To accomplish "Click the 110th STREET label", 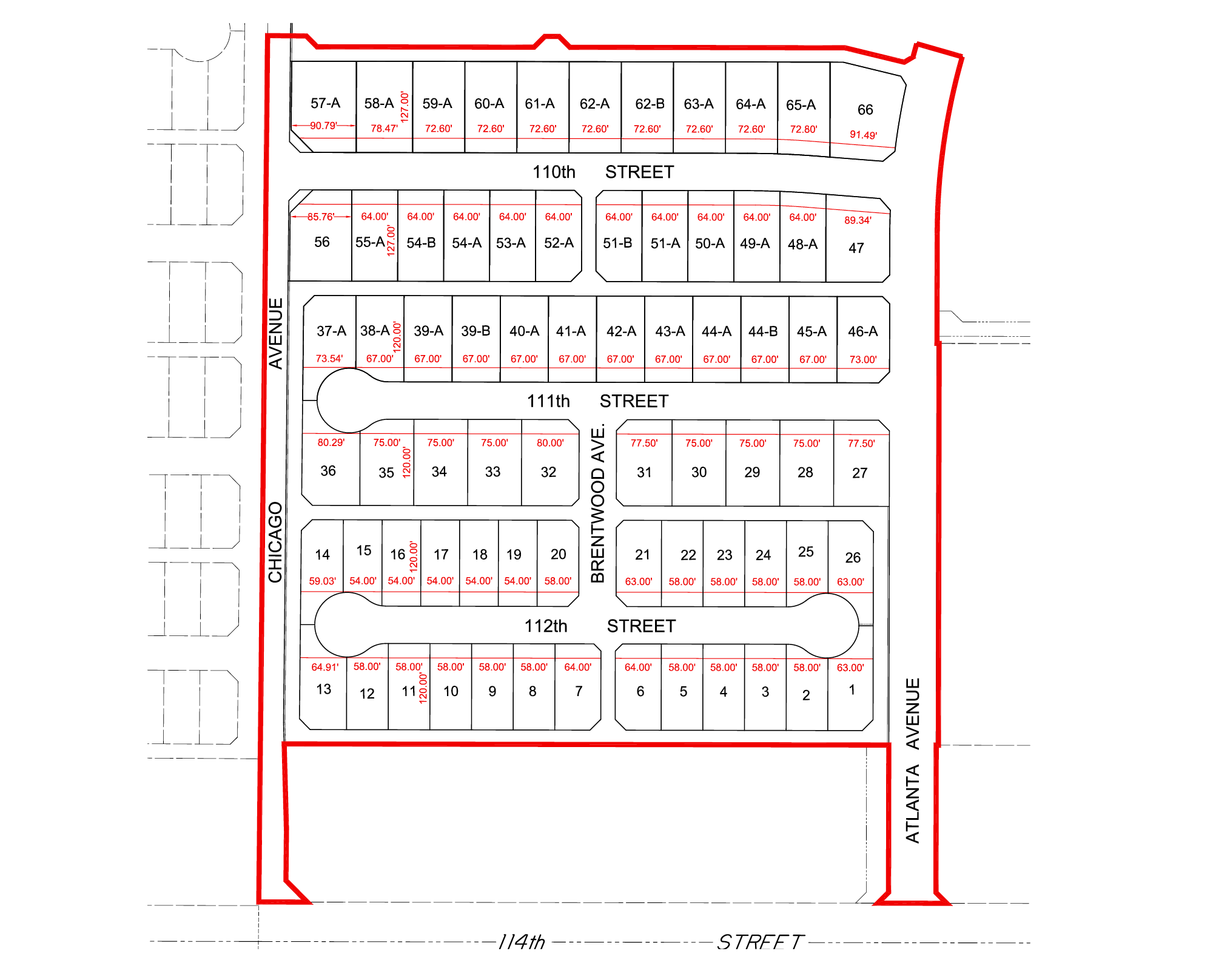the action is pos(603,172).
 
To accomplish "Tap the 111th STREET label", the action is pos(597,401).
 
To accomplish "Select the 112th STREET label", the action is pos(600,626).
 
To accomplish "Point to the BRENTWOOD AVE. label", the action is pos(598,503).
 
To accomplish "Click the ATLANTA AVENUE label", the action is pos(913,760).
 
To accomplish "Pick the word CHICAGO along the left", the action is pos(276,542).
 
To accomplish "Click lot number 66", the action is pos(865,110).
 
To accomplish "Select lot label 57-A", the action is pos(326,103).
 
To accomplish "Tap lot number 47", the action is pos(856,248).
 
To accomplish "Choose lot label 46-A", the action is pos(863,331).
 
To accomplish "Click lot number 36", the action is pos(328,471).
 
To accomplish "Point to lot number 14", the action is pos(323,555).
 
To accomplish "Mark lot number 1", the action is pos(852,690).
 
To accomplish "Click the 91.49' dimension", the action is pos(863,135).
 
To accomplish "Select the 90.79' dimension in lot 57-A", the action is pos(323,126).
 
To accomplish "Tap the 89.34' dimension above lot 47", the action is pos(858,220).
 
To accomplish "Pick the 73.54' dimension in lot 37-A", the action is pos(329,359).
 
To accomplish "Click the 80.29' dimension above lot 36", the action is pos(331,442).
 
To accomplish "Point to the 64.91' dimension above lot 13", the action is pos(325,667).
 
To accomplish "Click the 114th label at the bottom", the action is pos(522,942).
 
